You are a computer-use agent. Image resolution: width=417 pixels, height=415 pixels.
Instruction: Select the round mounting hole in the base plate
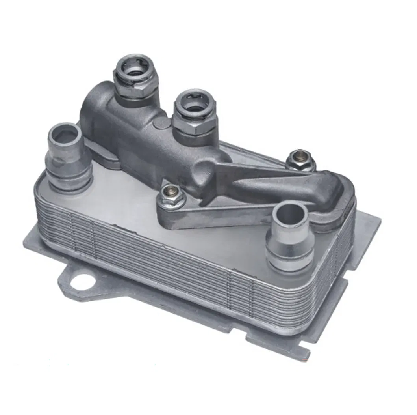(83, 282)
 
